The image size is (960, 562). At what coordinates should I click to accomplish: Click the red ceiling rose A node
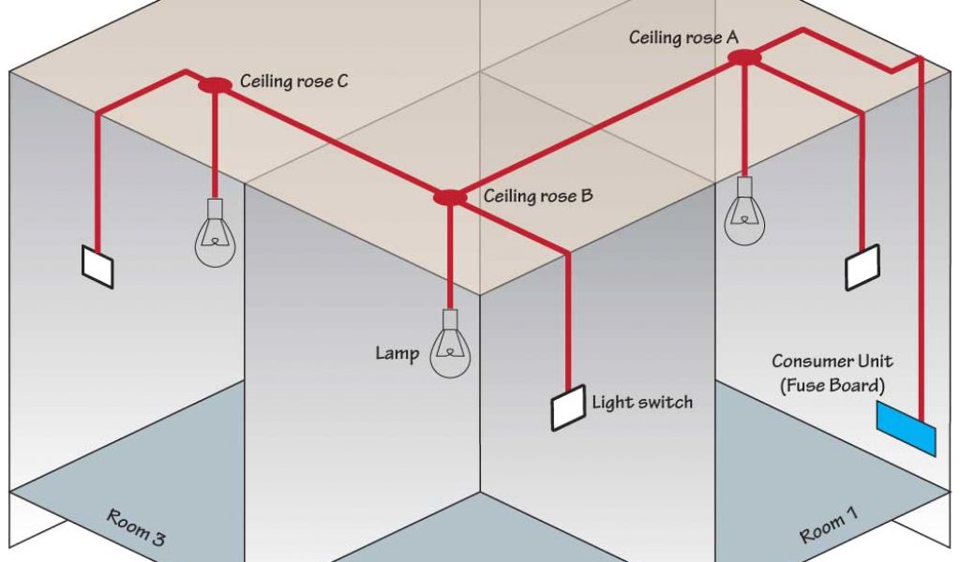[x=745, y=58]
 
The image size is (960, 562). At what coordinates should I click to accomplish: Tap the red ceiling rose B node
[x=450, y=198]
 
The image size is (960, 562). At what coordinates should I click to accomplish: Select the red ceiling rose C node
[x=214, y=85]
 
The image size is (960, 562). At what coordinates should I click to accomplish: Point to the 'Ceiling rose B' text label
[x=538, y=197]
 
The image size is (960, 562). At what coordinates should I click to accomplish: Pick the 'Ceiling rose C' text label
[x=294, y=81]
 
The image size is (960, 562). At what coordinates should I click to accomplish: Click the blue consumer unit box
[x=906, y=428]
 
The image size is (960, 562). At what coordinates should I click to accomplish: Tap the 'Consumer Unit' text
[x=832, y=362]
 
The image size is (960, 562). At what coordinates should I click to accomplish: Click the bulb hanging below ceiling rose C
[x=214, y=238]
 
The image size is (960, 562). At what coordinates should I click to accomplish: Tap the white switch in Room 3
[x=97, y=266]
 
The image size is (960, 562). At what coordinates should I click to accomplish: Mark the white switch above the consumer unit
[x=862, y=269]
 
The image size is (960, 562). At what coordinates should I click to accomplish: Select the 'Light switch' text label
[x=642, y=403]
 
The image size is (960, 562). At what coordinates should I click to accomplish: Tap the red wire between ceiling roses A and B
[x=600, y=127]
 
